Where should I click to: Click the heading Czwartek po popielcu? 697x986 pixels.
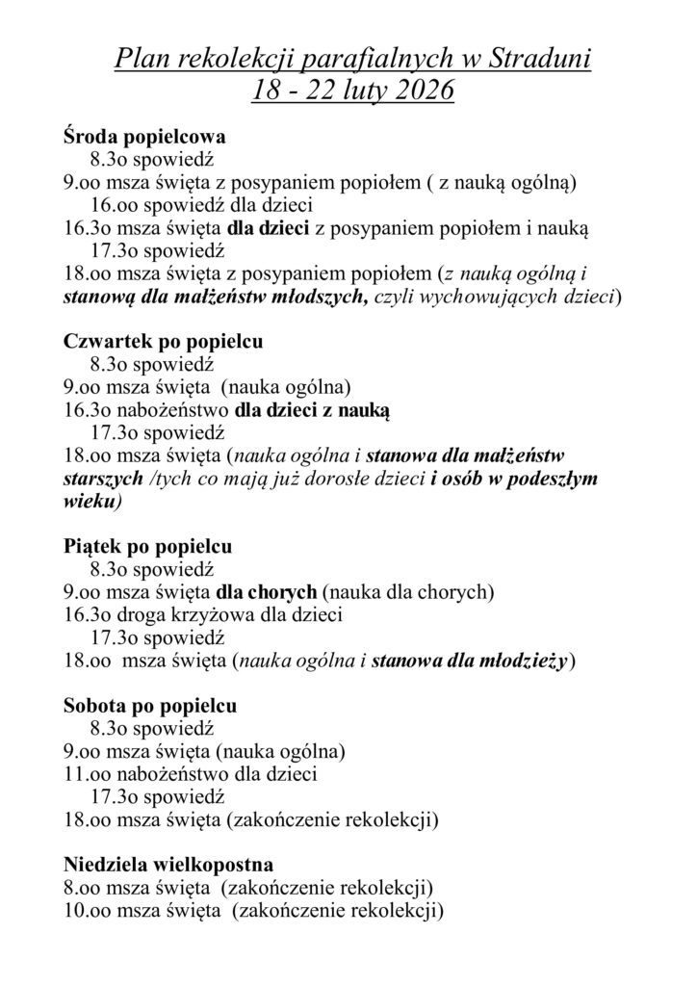coord(164,342)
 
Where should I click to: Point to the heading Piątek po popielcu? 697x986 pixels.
coord(147,547)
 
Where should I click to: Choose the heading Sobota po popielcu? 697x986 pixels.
coord(150,706)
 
